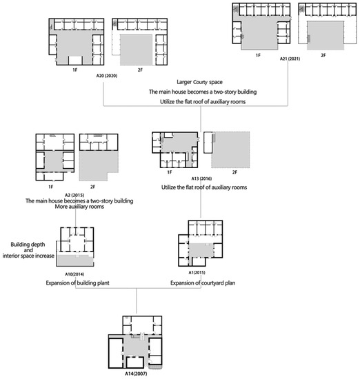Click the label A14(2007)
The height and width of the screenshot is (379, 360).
[136, 373]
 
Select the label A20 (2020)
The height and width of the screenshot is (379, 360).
[107, 76]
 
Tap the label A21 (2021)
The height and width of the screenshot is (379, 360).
[290, 59]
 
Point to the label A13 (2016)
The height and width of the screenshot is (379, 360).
[201, 178]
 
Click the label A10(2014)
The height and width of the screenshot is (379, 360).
[74, 274]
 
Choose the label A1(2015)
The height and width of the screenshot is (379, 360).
[197, 272]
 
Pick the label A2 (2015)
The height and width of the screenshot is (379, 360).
[74, 195]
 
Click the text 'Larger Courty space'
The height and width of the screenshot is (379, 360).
[199, 82]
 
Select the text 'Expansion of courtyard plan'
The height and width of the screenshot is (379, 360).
[203, 283]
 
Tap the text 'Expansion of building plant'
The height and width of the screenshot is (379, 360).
[78, 283]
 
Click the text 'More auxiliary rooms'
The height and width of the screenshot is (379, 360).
[79, 207]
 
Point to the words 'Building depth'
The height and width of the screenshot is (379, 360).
[28, 245]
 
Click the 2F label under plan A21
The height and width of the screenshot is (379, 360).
[323, 55]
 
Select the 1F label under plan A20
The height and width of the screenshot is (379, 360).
[75, 70]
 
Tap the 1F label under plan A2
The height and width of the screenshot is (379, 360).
[50, 187]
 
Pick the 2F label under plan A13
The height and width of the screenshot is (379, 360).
[234, 172]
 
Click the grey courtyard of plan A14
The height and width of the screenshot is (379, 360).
[136, 348]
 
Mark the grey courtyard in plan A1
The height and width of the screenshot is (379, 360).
[201, 250]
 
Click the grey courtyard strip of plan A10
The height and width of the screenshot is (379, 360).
[74, 260]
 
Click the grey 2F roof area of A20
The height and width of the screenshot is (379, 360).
[137, 50]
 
